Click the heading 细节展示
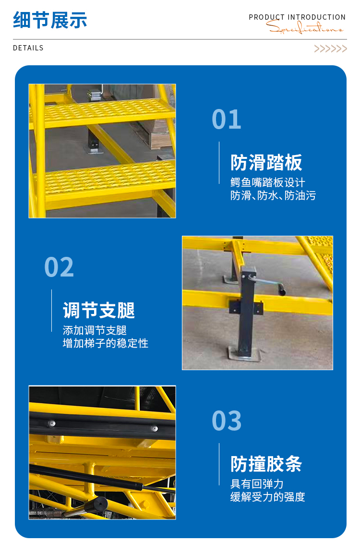[x=50, y=20]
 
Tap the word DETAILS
[x=28, y=48]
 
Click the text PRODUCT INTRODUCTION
[x=297, y=17]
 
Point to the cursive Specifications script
[x=304, y=27]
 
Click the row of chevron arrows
[x=330, y=49]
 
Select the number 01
[x=227, y=120]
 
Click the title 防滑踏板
[x=266, y=163]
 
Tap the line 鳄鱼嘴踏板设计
[x=267, y=182]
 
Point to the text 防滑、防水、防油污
[x=273, y=195]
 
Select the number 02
[x=59, y=267]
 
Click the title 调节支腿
[x=98, y=310]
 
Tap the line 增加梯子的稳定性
[x=105, y=343]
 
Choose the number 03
[x=227, y=421]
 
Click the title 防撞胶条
[x=266, y=464]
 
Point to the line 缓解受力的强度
[x=267, y=497]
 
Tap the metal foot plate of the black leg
[x=245, y=354]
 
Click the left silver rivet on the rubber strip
[x=51, y=423]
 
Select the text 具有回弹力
[x=257, y=484]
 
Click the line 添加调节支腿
[x=95, y=330]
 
